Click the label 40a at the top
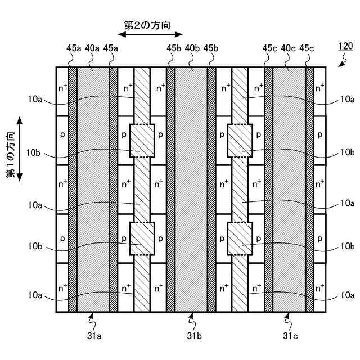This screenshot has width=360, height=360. [92, 48]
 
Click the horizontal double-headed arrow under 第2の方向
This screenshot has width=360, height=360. [146, 35]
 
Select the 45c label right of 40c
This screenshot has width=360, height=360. [307, 48]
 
